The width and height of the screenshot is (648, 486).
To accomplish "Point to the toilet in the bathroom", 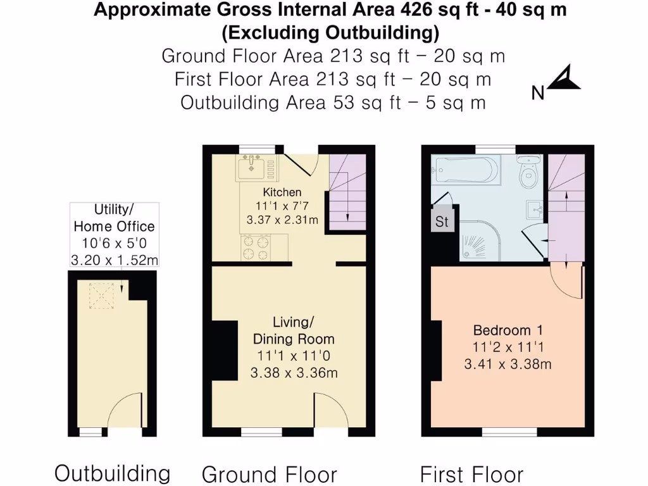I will [528, 173].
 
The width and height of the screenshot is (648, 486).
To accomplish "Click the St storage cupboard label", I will [442, 222].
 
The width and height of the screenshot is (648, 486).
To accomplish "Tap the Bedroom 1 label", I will [508, 330].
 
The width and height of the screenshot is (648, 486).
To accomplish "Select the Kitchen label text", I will [282, 192].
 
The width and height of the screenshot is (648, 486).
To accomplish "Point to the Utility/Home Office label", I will [114, 218].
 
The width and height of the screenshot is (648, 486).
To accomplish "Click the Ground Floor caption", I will [269, 474].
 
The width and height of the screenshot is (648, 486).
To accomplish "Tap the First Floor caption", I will [472, 474].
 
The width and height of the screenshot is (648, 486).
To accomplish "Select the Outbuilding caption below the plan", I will [113, 473].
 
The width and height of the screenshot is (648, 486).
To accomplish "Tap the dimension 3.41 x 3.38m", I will [508, 364].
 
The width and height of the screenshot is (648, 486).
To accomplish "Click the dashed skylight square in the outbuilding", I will [101, 295].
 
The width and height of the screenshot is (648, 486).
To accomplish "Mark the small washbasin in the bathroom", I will [535, 208].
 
